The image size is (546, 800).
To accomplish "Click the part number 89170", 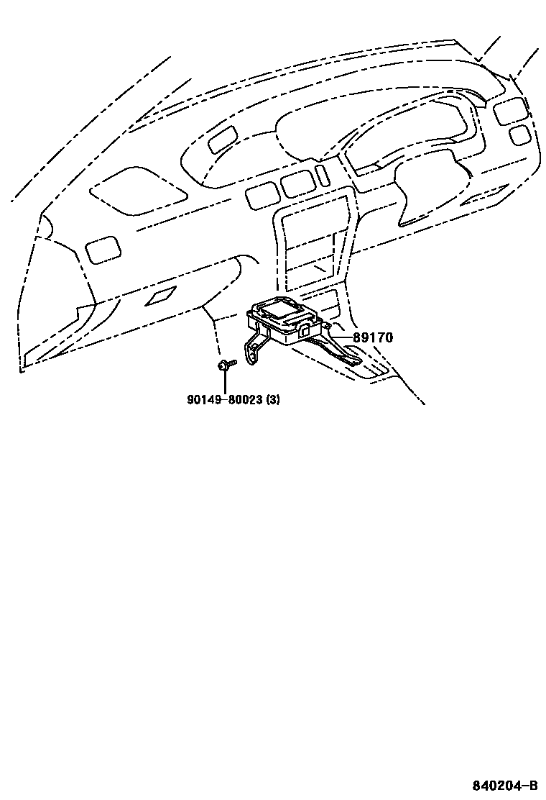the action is pos(372,337).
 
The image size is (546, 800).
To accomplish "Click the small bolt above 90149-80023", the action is pos(223,366).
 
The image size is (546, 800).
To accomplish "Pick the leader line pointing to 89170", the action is pos(341,337).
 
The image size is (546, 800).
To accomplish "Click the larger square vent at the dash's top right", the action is pos(508,109).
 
